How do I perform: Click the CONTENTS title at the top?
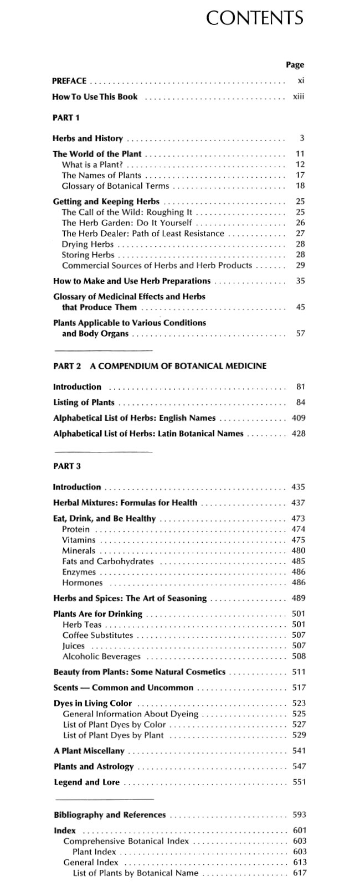click(x=254, y=18)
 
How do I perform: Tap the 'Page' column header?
click(x=295, y=65)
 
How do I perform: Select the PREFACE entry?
click(x=69, y=81)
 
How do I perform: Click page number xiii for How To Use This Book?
click(x=298, y=97)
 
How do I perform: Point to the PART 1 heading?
click(x=66, y=117)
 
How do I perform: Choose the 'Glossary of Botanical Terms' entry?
click(x=115, y=186)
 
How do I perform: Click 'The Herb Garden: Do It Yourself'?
click(x=127, y=223)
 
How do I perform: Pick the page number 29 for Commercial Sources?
click(x=300, y=265)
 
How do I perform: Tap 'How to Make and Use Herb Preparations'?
click(x=131, y=281)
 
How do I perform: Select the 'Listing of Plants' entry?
click(x=84, y=403)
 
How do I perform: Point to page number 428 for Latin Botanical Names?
click(x=298, y=434)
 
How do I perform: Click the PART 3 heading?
click(x=66, y=466)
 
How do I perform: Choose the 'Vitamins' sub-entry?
click(x=79, y=540)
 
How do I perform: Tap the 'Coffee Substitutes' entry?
click(x=97, y=635)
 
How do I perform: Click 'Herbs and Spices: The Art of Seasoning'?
click(x=130, y=599)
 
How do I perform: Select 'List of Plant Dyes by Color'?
click(x=114, y=724)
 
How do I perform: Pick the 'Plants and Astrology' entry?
click(x=93, y=767)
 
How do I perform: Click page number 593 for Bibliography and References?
click(x=299, y=814)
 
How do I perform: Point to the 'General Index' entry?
click(x=91, y=862)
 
